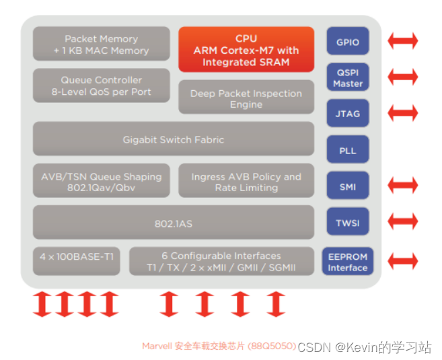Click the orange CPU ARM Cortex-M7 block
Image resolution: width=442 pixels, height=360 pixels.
click(246, 50)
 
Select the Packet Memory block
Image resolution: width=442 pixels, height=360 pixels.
click(102, 44)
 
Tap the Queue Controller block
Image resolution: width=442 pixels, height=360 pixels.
click(102, 85)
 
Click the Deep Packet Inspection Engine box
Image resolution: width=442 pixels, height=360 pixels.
click(246, 98)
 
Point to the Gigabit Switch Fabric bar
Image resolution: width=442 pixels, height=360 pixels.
click(174, 139)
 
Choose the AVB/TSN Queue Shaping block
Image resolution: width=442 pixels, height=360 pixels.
click(102, 181)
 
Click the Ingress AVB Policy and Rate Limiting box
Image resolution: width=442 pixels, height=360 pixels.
click(246, 181)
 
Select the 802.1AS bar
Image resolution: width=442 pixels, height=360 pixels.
click(174, 223)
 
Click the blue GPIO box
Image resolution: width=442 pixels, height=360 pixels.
click(348, 42)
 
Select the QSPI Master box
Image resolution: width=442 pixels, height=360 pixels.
click(348, 78)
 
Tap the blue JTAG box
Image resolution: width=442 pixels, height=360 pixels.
click(348, 114)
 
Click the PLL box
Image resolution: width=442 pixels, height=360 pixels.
click(348, 150)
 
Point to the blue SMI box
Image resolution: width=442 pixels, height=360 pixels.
click(348, 186)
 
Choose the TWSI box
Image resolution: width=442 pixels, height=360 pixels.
click(348, 222)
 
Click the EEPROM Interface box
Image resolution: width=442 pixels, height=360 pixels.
click(348, 262)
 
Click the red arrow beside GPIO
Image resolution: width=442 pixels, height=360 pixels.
click(403, 42)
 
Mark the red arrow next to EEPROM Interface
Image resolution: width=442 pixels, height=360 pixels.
click(403, 261)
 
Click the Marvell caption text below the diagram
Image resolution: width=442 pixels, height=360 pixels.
click(219, 346)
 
